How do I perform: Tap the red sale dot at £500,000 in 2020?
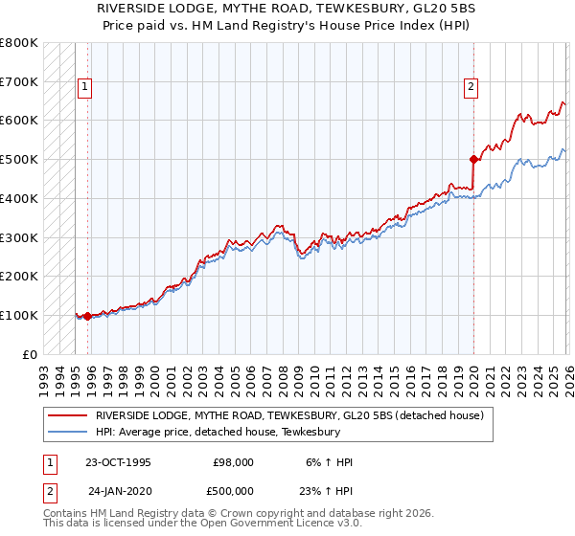(x=473, y=159)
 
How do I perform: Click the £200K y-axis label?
(x=19, y=276)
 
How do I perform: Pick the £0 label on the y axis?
(x=29, y=354)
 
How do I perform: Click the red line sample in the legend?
(x=67, y=416)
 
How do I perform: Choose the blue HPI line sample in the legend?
(x=67, y=433)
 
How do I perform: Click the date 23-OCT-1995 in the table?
(x=118, y=462)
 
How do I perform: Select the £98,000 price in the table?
(x=233, y=462)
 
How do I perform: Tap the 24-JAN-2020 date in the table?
(x=120, y=489)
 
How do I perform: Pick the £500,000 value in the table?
(x=234, y=489)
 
